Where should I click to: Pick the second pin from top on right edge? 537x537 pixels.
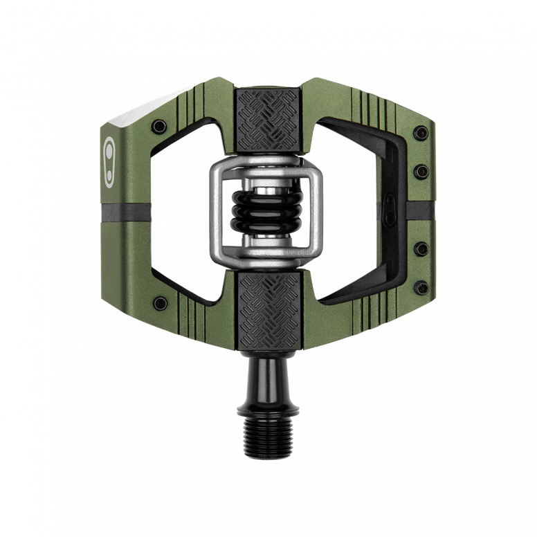[420, 169]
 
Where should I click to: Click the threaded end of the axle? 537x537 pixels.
[268, 429]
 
